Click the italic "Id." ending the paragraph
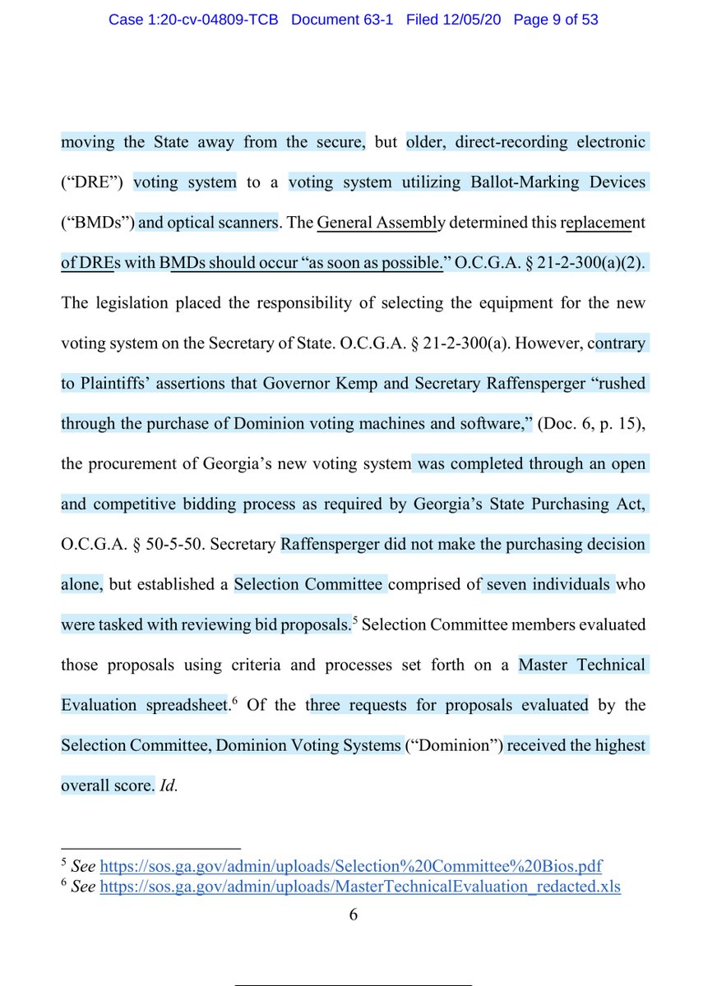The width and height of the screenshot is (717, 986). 168,786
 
